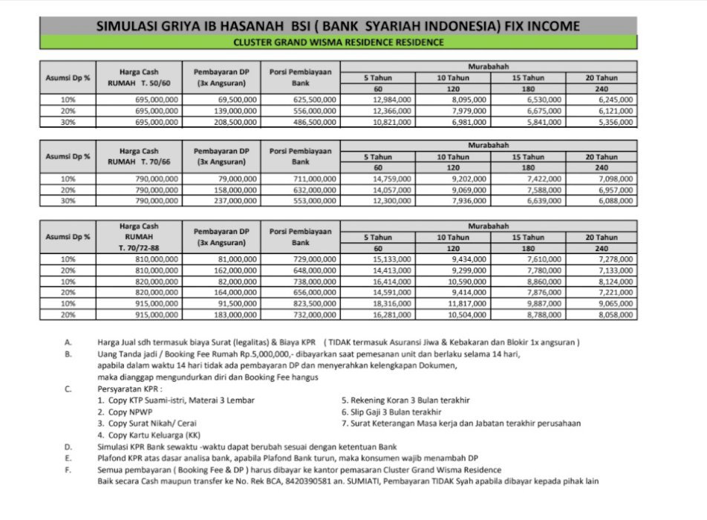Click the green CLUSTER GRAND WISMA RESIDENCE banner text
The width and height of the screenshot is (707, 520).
click(x=338, y=42)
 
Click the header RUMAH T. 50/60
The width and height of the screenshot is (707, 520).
click(x=139, y=83)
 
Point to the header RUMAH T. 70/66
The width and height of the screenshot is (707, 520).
click(x=139, y=161)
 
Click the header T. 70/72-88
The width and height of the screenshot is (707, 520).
click(x=139, y=247)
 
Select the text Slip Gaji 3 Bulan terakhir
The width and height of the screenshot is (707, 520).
click(x=396, y=412)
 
